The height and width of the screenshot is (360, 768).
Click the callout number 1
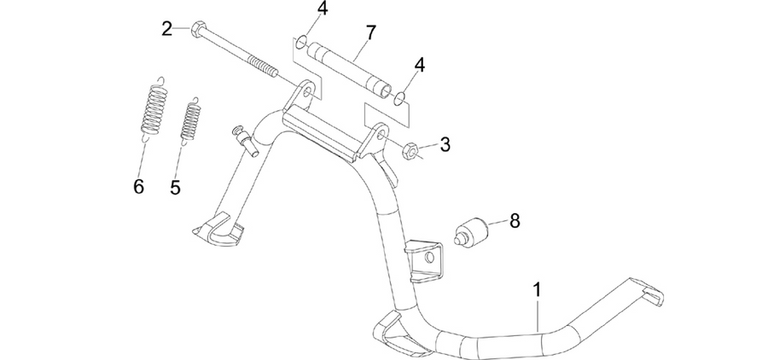pos(538,290)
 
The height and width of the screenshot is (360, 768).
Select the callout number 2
pos(167,29)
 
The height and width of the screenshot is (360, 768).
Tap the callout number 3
pos(445,144)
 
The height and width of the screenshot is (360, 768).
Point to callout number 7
pos(371,32)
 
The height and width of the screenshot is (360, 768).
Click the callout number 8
pos(515,221)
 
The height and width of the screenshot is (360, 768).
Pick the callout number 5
pos(175,187)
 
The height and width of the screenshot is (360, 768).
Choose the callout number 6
pos(138,186)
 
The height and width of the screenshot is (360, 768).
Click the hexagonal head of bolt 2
pos(197,30)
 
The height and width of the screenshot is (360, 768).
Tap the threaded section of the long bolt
pos(263,67)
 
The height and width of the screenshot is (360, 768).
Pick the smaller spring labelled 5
pos(191,121)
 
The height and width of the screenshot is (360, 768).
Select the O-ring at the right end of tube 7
pos(400,98)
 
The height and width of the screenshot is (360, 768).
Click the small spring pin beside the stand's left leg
pos(247,142)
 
